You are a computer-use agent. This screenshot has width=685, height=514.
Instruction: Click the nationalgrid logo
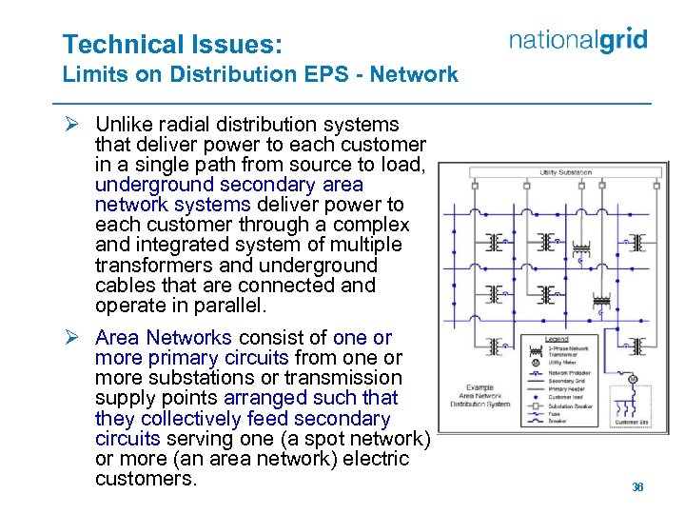tap(577, 40)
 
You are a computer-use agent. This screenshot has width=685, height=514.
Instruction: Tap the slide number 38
tap(637, 486)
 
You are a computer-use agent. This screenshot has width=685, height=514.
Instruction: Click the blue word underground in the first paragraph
tap(145, 185)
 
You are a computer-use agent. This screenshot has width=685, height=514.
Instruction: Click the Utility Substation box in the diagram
tap(566, 173)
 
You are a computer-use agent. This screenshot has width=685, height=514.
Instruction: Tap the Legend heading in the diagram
tap(557, 340)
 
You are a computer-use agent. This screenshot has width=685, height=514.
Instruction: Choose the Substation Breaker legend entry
tap(569, 406)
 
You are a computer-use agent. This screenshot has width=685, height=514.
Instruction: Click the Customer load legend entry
tap(566, 398)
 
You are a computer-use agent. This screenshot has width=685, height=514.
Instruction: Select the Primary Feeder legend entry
tap(567, 389)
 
